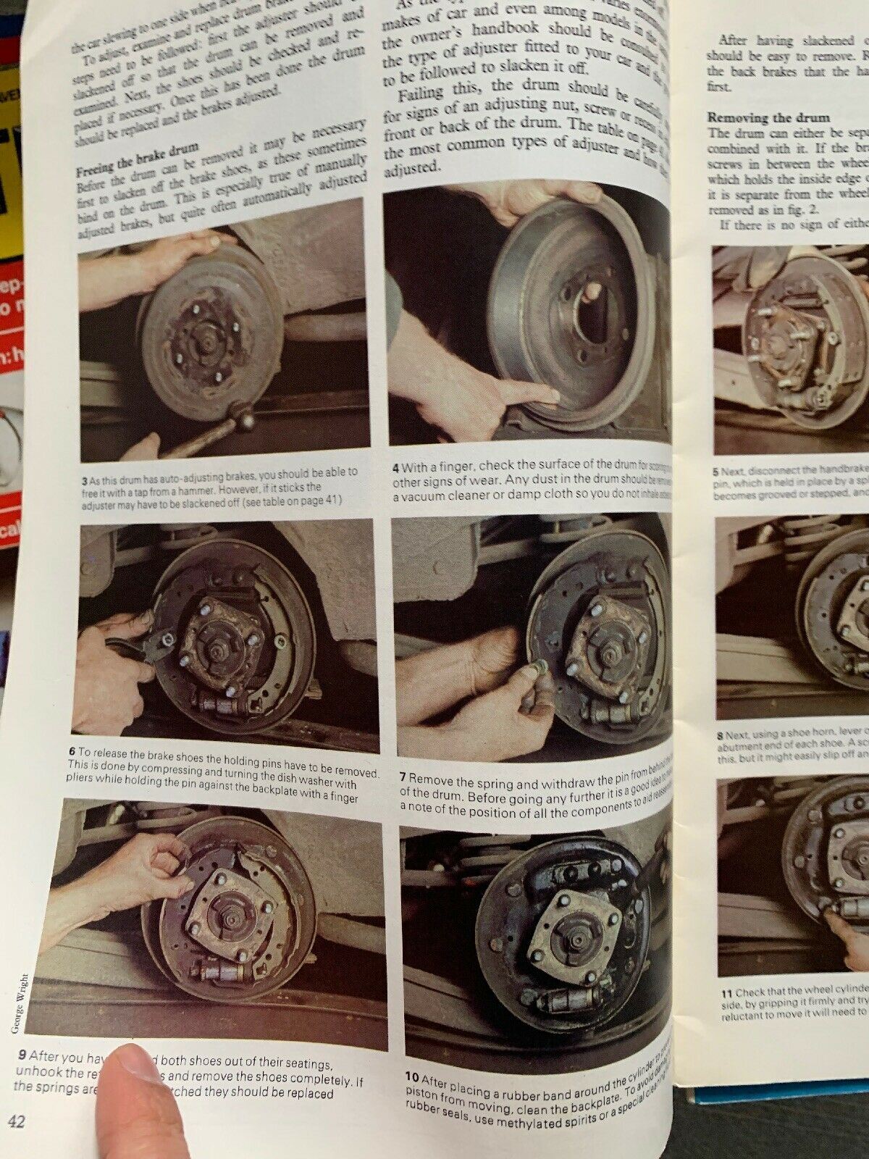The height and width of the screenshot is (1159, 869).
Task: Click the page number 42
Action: [x=17, y=1122]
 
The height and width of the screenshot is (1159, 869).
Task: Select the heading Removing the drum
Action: [x=768, y=117]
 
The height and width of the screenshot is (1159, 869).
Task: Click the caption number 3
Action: [x=86, y=479]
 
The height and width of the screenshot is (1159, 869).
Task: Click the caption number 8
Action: [x=720, y=735]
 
